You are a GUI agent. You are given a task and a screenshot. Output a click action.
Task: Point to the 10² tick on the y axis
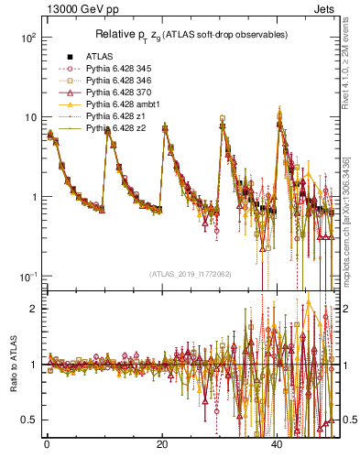pyautogui.click(x=28, y=38)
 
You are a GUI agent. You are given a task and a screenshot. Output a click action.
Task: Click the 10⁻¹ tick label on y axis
pyautogui.click(x=28, y=277)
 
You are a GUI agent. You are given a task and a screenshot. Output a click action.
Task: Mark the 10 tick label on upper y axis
pyautogui.click(x=30, y=117)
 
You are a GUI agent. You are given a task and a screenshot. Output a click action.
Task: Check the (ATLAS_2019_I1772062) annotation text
pyautogui.click(x=191, y=273)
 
